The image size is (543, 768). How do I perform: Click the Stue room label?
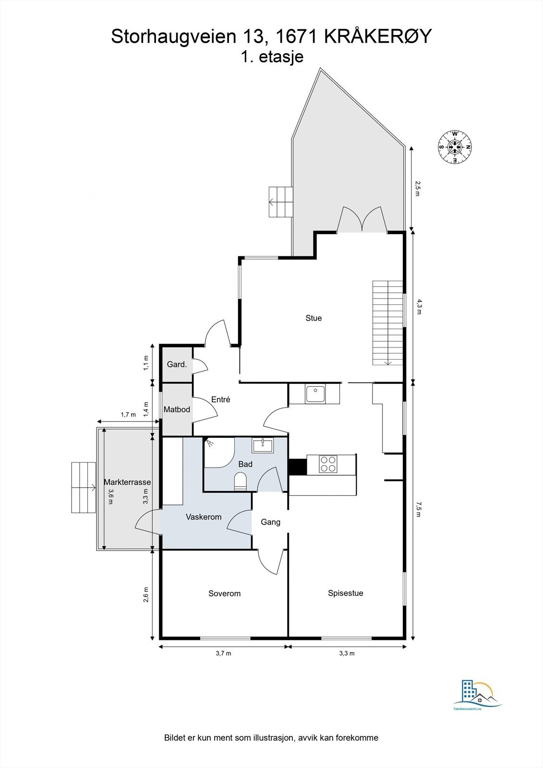tap(314, 318)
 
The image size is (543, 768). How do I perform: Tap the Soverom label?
tap(224, 594)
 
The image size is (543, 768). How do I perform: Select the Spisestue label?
tap(345, 593)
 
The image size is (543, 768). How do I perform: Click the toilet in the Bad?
tap(241, 481)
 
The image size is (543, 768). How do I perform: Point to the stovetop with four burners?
tap(328, 464)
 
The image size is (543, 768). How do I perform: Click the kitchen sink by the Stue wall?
tap(315, 394)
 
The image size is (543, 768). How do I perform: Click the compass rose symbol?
tap(454, 147)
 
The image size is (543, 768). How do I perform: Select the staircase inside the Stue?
tap(387, 323)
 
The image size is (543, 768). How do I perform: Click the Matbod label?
tap(177, 409)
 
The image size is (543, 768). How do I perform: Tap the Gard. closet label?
tap(177, 365)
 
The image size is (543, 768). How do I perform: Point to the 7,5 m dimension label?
tap(418, 509)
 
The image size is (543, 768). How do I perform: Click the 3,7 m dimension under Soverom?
tap(224, 653)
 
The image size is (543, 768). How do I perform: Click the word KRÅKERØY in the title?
tap(378, 36)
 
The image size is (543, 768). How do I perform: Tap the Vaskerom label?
tap(204, 517)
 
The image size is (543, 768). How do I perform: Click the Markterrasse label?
tap(127, 482)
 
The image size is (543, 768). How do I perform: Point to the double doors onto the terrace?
tap(362, 220)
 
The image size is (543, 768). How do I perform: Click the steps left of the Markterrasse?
tap(83, 488)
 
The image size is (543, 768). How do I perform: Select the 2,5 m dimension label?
tap(417, 189)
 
